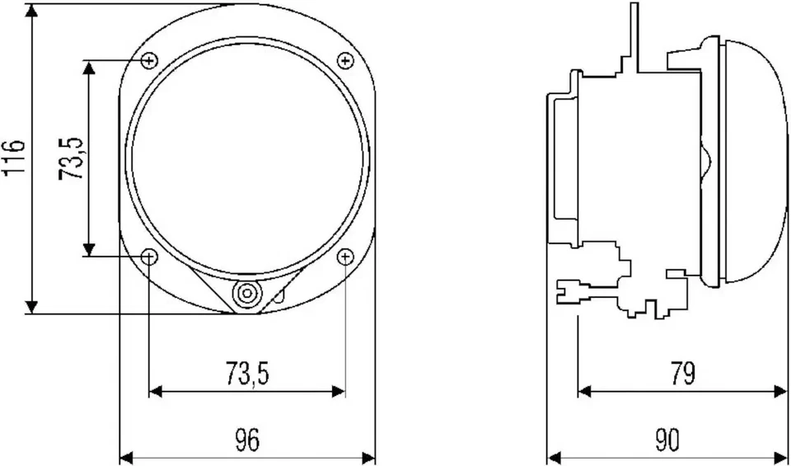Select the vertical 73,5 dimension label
click(72, 158)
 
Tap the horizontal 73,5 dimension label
click(246, 374)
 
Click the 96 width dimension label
click(246, 441)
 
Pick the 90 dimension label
click(668, 441)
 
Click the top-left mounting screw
click(149, 60)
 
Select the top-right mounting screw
click(345, 60)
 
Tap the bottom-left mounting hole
click(149, 257)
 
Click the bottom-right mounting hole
click(345, 257)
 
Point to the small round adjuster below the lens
click(246, 294)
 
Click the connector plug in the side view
click(577, 289)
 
